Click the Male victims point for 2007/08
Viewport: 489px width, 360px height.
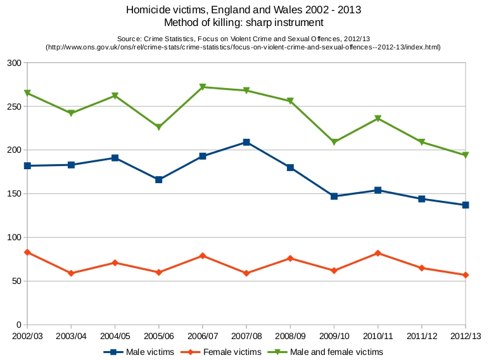(246, 142)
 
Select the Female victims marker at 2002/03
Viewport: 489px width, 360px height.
(27, 252)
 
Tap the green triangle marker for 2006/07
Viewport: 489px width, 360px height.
(203, 87)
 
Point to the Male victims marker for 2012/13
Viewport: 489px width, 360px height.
(466, 205)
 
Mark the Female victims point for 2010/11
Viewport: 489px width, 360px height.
(378, 253)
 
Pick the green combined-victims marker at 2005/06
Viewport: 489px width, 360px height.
(159, 127)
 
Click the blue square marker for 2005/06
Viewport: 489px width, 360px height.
(159, 179)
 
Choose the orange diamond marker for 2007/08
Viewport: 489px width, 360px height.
(246, 273)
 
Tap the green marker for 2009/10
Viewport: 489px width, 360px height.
(334, 142)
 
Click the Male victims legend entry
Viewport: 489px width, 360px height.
(140, 352)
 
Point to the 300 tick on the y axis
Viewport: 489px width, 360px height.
(14, 63)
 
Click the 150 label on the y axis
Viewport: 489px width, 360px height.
(14, 193)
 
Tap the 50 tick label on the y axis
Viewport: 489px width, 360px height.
(16, 281)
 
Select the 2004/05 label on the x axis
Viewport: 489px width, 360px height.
(115, 335)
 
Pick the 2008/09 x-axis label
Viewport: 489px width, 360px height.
(290, 335)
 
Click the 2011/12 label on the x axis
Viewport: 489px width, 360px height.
(422, 335)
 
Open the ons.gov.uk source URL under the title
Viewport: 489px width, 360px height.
(243, 48)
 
